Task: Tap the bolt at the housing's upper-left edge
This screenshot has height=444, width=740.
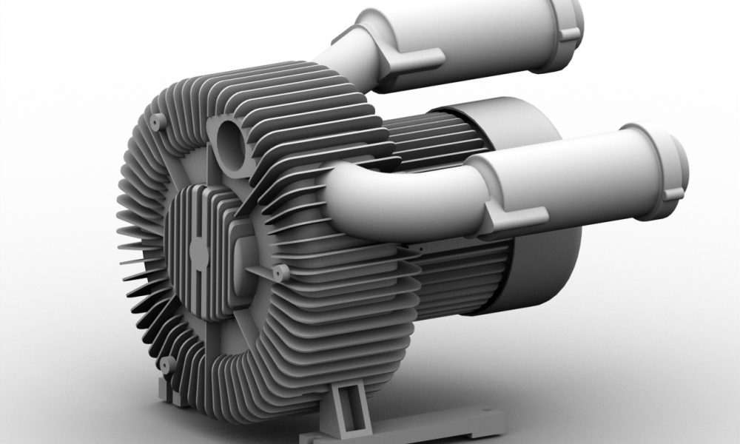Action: (x=157, y=121)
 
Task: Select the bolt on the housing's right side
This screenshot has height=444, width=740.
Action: (x=280, y=273)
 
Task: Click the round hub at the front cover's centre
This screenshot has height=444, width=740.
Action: (x=199, y=252)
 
